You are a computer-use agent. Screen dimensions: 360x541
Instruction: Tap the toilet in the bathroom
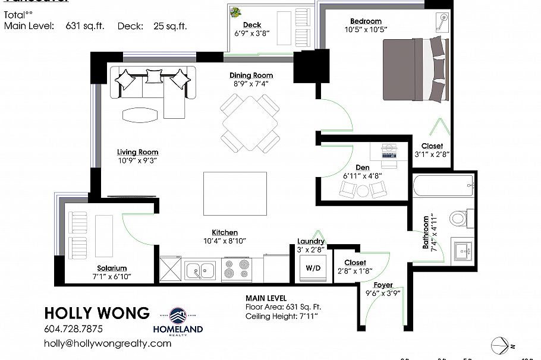click(x=458, y=217)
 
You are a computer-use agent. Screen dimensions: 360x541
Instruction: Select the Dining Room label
click(x=251, y=75)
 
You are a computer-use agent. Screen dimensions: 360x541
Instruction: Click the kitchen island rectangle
click(x=234, y=193)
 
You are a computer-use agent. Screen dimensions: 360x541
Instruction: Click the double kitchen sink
click(x=201, y=271)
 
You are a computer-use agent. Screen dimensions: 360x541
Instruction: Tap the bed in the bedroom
click(x=415, y=69)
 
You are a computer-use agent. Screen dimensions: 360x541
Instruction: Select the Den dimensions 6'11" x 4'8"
click(x=362, y=176)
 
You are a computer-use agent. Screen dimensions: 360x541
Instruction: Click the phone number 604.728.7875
click(x=73, y=329)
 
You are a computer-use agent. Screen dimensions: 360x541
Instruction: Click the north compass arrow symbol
click(x=500, y=345)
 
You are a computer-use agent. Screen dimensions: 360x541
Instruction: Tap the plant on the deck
click(x=237, y=11)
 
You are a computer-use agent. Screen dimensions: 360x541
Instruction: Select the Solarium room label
click(x=112, y=269)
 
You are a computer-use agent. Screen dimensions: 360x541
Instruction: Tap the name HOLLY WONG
click(x=97, y=313)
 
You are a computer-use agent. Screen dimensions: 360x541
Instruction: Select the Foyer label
click(x=383, y=285)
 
